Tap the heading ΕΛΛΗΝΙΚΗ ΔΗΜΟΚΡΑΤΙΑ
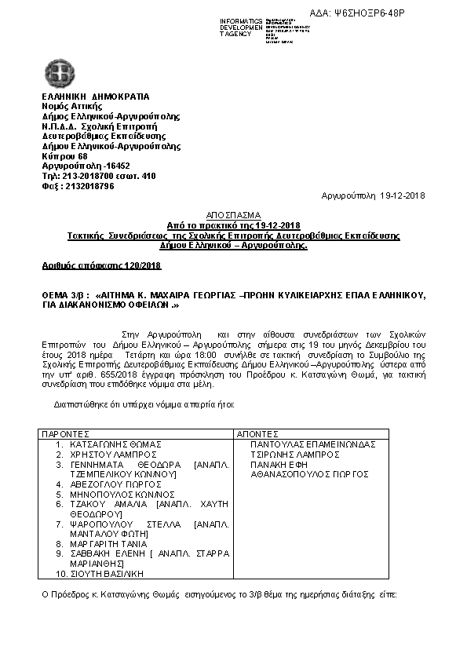pos(95,96)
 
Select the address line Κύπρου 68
pos(65,156)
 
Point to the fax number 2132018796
pos(78,186)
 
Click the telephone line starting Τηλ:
pos(99,176)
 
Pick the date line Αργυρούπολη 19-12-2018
pos(374,195)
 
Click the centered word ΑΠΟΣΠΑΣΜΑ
pos(233,215)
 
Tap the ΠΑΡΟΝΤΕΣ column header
pos(66,433)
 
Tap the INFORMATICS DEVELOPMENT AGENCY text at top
pos(242,27)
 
